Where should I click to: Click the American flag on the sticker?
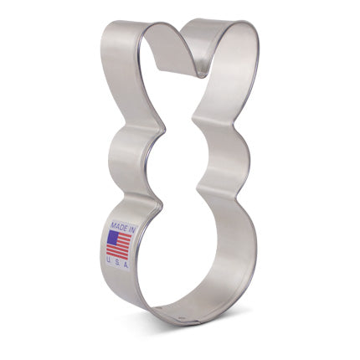point(118,244)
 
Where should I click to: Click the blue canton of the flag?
point(112,238)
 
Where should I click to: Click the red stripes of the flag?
point(122,249)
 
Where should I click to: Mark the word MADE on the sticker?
point(114,226)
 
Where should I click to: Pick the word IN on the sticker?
point(126,226)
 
